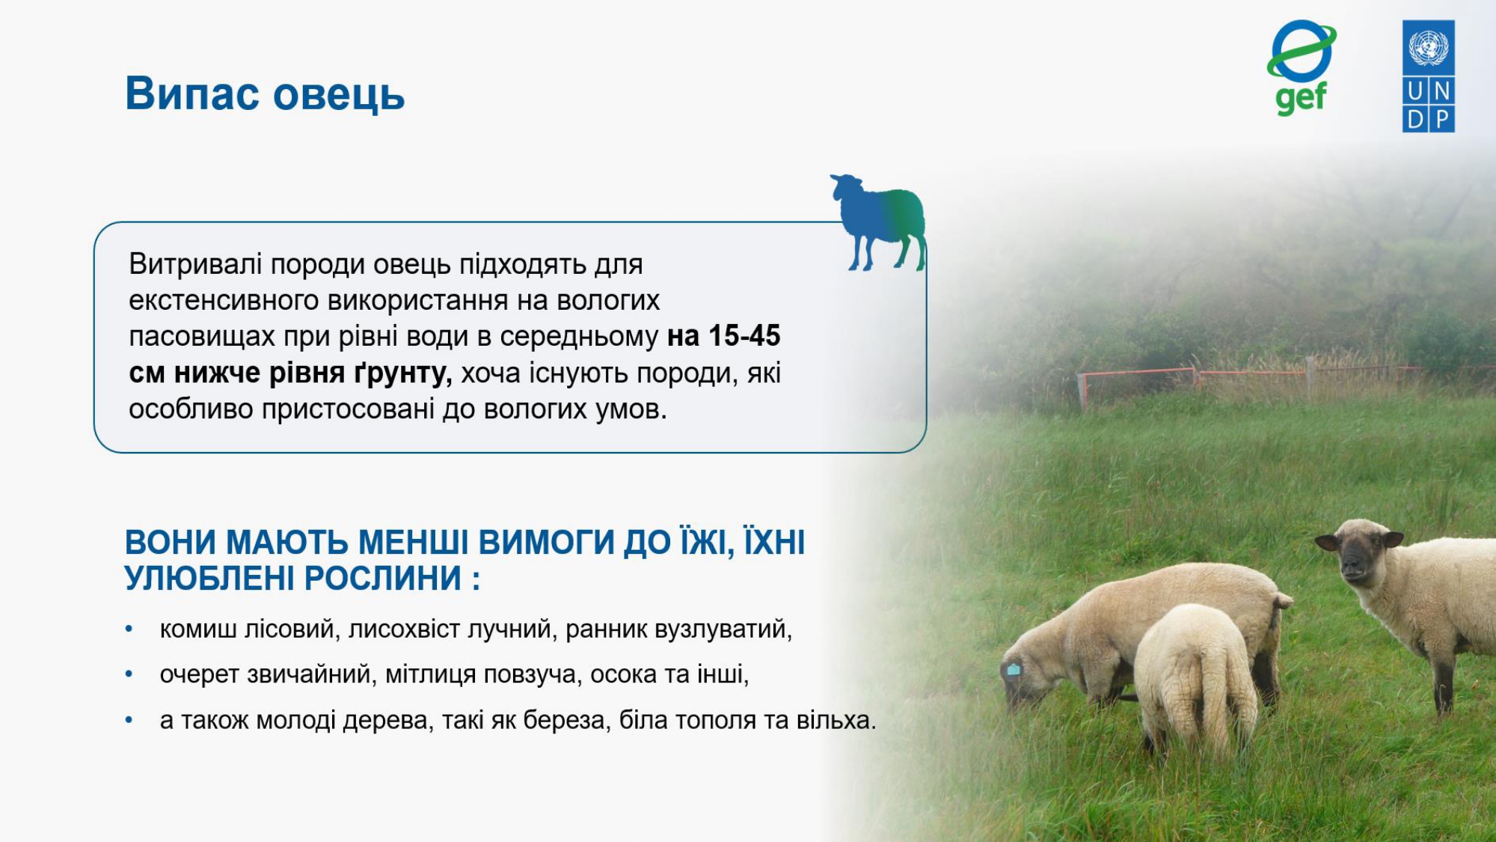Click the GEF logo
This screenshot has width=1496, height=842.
(1302, 67)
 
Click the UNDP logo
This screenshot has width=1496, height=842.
(1429, 76)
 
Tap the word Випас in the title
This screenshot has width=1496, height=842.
(192, 94)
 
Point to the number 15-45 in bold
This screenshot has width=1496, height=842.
(744, 336)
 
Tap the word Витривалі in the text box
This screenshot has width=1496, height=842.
(195, 264)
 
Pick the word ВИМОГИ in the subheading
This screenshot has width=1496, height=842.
(546, 543)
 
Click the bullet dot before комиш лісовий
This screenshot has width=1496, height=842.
(129, 629)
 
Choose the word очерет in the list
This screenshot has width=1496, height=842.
(200, 675)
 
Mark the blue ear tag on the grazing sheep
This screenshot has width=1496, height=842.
(1014, 669)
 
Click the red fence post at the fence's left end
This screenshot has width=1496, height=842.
(1082, 391)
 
